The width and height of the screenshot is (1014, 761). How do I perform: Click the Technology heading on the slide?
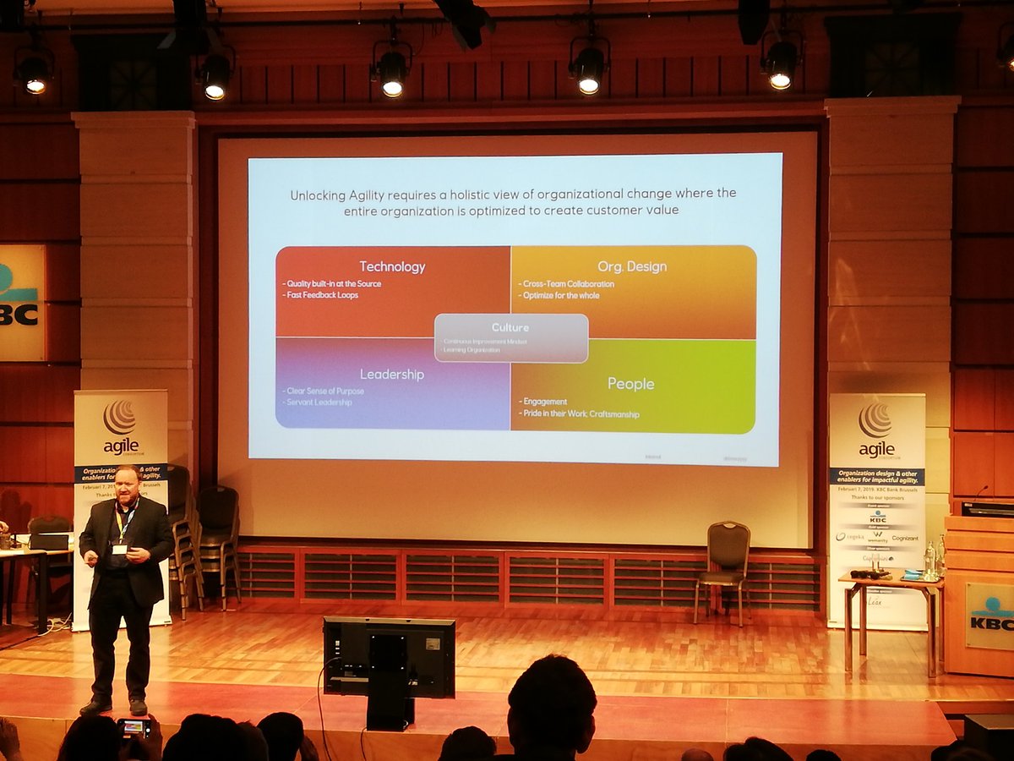392,266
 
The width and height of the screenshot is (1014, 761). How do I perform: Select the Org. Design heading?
632,266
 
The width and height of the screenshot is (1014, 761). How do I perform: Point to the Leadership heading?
392,374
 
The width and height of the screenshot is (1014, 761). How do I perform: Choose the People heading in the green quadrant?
630,384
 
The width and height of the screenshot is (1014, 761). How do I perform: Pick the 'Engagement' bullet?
544,402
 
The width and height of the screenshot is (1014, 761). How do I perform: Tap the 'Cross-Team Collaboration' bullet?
566,284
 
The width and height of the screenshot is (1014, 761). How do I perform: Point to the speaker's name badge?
119,549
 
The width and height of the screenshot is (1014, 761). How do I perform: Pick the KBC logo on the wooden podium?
989,616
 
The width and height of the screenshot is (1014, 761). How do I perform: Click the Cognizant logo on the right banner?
904,538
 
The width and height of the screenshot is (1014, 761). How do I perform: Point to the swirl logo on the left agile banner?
119,417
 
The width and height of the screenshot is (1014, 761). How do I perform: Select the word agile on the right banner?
875,448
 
